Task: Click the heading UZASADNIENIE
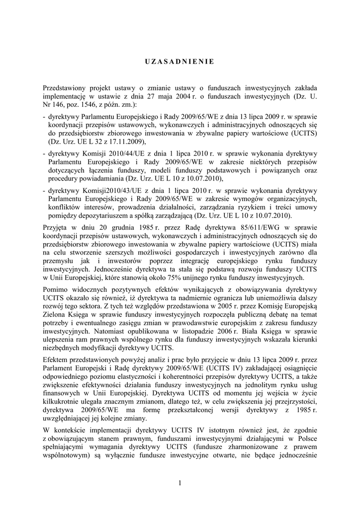click(x=180, y=62)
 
